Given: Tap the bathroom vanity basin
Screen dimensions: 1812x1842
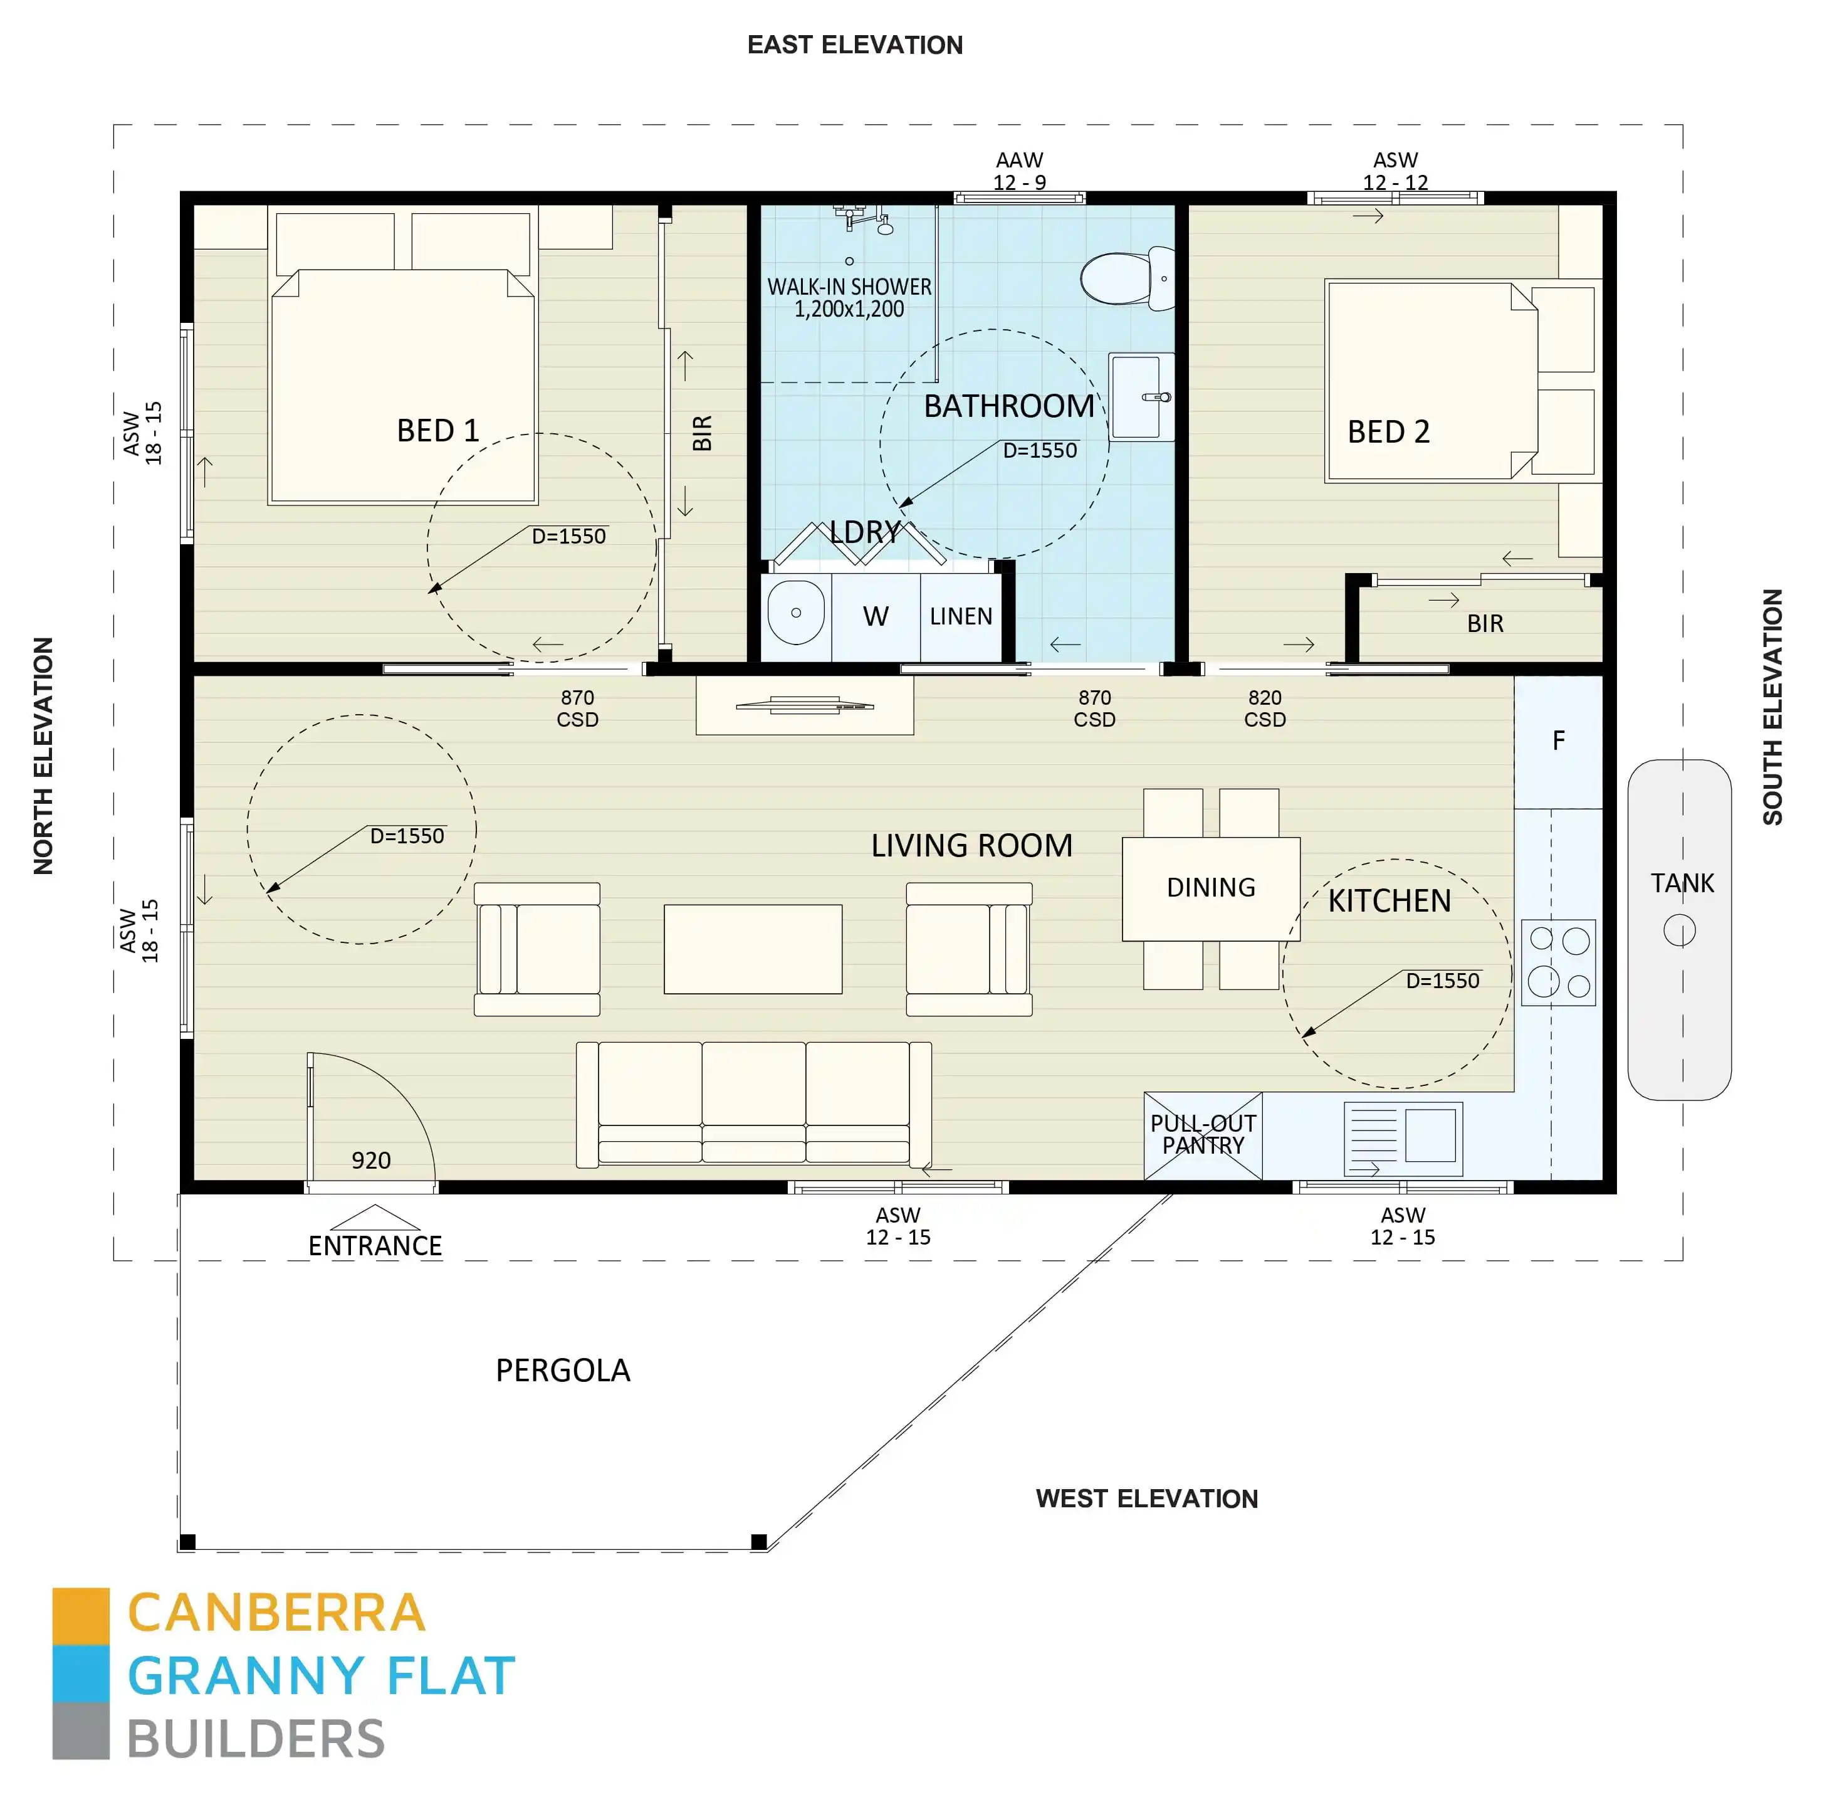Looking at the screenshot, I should tap(1138, 397).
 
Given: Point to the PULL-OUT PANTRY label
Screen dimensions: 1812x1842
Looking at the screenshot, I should tap(1203, 1134).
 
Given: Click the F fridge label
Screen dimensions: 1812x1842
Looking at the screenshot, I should tap(1557, 740).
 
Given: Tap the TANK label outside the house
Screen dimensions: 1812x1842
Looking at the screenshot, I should tap(1681, 883).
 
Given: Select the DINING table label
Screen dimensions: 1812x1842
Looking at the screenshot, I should tap(1210, 888).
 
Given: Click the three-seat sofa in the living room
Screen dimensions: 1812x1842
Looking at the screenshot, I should tap(753, 1103).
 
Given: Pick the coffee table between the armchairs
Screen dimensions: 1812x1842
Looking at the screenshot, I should tap(753, 949).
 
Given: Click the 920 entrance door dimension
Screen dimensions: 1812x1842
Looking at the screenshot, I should tap(371, 1160).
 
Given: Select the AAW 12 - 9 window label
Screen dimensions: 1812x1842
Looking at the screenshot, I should tap(1019, 171).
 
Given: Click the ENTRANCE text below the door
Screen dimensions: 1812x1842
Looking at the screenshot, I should tap(375, 1246).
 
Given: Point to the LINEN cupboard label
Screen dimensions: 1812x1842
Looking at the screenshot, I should tap(961, 617).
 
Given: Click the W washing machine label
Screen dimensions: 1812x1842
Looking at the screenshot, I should tap(876, 617).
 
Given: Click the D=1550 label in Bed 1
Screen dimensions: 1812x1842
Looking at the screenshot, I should tap(568, 536).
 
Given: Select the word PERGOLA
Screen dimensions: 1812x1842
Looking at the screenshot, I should tap(562, 1371).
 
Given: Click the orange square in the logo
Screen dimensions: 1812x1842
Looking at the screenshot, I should tap(81, 1616).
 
